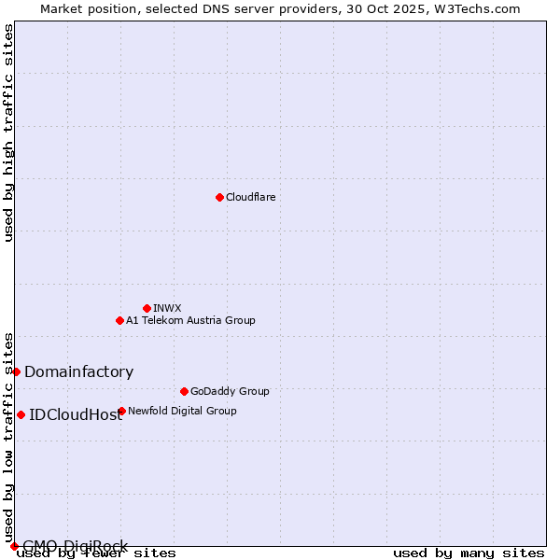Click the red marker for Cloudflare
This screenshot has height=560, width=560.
(x=219, y=197)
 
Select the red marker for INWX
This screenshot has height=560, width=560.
(x=147, y=308)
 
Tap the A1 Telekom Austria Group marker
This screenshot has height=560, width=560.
(x=119, y=320)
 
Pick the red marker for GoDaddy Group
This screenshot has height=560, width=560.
(x=184, y=391)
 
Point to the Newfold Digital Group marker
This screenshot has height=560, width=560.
(x=121, y=411)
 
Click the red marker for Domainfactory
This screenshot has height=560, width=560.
(x=16, y=371)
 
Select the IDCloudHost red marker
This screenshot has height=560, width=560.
(x=21, y=414)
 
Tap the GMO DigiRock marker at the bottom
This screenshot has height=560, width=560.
(x=14, y=546)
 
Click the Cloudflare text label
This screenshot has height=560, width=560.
(x=250, y=197)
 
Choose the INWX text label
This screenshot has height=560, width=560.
(x=167, y=308)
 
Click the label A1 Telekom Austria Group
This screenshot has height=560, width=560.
(x=190, y=320)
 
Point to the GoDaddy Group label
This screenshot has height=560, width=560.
(x=230, y=391)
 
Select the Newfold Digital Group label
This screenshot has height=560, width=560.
(x=182, y=411)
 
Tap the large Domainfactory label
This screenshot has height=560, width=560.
(x=78, y=371)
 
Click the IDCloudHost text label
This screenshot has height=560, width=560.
(x=76, y=414)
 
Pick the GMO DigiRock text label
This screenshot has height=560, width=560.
(x=75, y=546)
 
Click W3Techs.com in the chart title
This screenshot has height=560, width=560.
(x=482, y=8)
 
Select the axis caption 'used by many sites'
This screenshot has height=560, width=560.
(x=469, y=553)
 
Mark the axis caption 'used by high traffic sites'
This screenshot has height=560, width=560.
(x=8, y=133)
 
